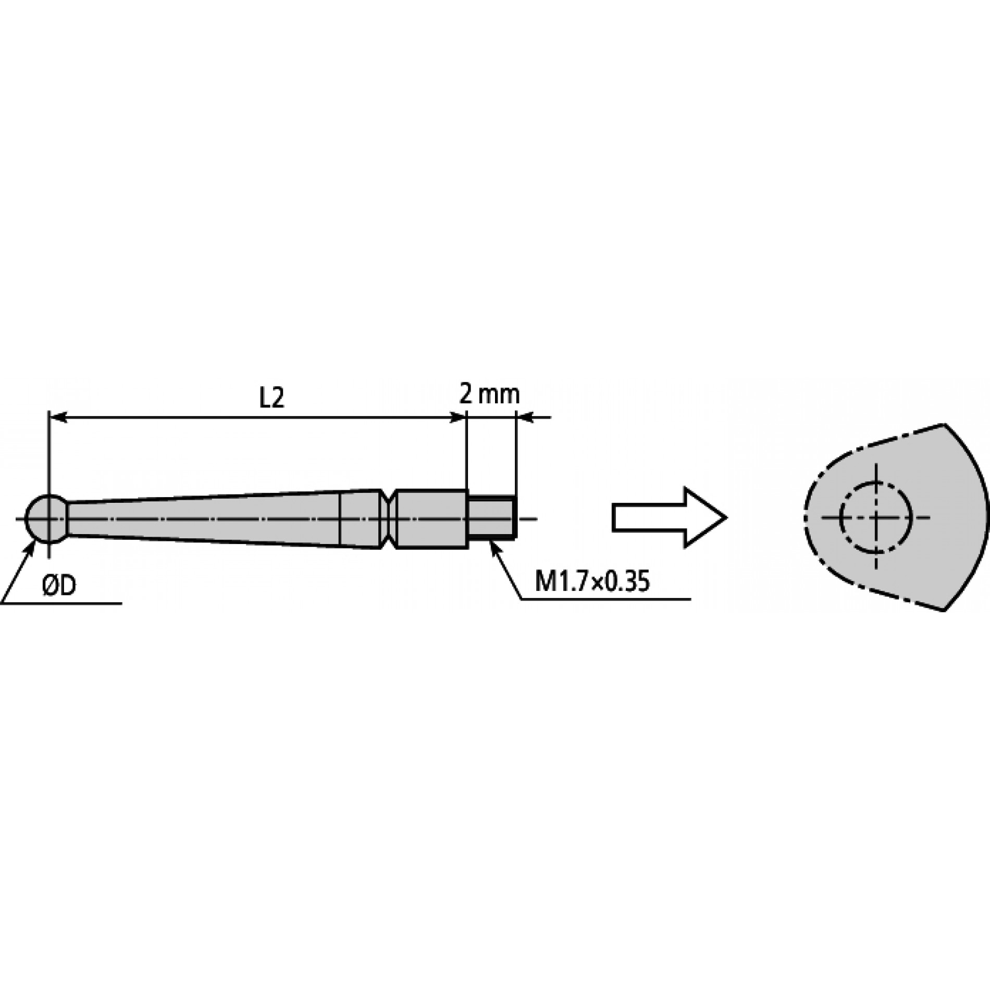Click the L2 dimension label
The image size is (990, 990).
(x=272, y=399)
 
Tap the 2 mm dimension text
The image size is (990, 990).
(x=490, y=395)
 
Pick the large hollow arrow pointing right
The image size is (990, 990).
(x=669, y=517)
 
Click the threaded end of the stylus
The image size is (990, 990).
(x=492, y=517)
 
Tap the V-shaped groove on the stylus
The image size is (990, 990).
(x=387, y=518)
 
